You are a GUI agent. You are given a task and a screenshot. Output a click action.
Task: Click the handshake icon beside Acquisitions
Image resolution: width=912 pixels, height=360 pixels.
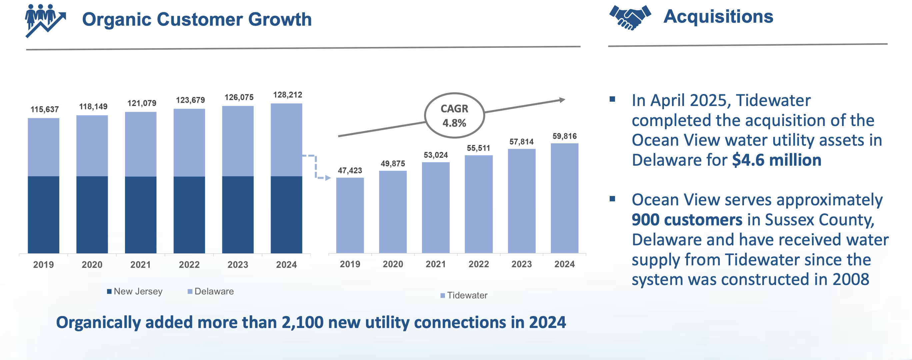tap(630, 17)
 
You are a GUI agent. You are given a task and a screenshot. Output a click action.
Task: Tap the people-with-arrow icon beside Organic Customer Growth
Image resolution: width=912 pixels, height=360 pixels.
tap(45, 20)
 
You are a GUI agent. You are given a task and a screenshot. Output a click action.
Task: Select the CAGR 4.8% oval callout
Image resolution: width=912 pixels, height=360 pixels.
tap(454, 115)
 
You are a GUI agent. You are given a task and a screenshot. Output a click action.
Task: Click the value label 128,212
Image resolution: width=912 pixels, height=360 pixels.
tap(287, 95)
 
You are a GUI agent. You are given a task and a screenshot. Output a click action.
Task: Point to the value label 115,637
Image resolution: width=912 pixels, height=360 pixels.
tap(45, 109)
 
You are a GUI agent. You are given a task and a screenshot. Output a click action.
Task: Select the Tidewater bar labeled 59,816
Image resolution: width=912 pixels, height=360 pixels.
tap(564, 198)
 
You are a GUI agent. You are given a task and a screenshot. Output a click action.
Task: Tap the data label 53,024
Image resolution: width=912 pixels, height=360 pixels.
tap(435, 155)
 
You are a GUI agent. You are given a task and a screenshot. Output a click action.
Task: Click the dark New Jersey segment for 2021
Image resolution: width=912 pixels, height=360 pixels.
tap(141, 215)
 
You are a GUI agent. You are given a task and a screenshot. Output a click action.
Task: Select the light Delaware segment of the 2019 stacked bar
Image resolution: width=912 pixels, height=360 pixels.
tap(44, 147)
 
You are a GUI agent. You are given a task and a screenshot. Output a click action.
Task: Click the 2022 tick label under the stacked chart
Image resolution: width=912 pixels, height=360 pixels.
tap(189, 264)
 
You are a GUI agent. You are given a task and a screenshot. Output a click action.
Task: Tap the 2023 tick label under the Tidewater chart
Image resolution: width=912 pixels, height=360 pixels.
tap(521, 264)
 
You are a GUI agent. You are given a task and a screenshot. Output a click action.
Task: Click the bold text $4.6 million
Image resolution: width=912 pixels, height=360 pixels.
tap(776, 160)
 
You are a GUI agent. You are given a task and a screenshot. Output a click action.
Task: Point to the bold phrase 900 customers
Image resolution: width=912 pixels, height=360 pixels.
tap(687, 220)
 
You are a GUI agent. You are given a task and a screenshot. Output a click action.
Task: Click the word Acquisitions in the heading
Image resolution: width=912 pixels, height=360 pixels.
tap(718, 17)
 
